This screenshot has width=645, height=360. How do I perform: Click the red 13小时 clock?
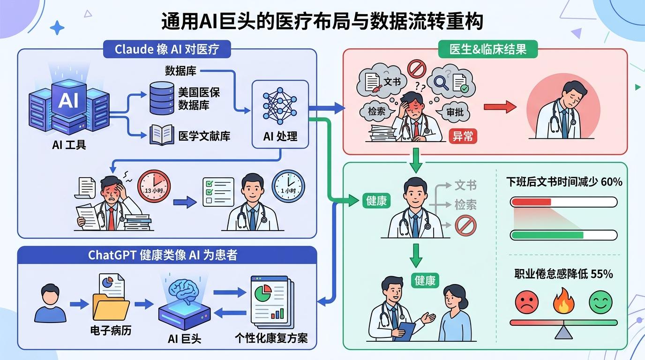(154, 186)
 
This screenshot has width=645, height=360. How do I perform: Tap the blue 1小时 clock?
(288, 186)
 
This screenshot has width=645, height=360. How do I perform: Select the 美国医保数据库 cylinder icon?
(162, 98)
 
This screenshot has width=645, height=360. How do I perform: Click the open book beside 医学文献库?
(162, 135)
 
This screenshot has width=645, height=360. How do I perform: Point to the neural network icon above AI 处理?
(279, 105)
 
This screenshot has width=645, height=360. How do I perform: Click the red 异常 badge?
(463, 136)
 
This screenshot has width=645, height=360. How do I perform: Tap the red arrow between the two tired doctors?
(500, 107)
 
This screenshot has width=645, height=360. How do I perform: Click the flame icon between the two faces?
(563, 300)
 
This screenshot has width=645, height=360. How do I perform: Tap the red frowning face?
(527, 302)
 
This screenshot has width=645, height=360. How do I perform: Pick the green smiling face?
(600, 302)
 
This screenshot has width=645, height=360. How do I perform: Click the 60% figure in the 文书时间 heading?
(612, 182)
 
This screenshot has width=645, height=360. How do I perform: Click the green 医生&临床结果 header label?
(488, 49)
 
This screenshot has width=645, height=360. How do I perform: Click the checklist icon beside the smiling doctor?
(218, 192)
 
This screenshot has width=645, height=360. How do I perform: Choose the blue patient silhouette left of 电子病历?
(51, 303)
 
